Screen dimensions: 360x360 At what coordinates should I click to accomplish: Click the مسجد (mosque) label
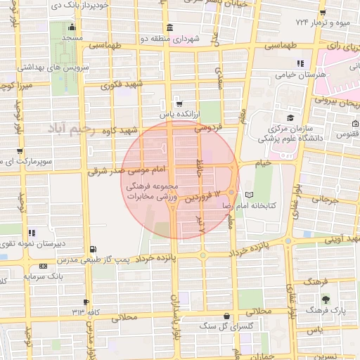[72, 36]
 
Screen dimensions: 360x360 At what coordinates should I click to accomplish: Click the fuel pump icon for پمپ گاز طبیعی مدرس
[94, 248]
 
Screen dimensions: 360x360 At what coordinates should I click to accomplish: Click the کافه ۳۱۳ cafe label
[77, 310]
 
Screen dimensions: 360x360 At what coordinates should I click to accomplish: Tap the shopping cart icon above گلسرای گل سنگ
[226, 316]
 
